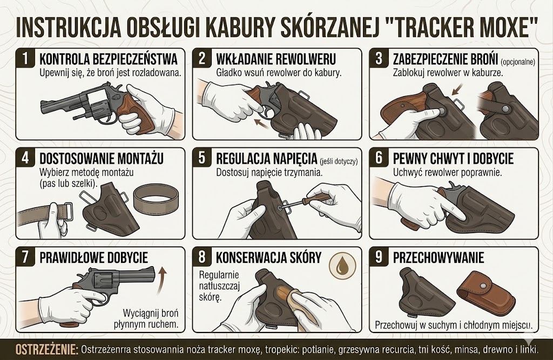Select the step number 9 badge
pos(379,257)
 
